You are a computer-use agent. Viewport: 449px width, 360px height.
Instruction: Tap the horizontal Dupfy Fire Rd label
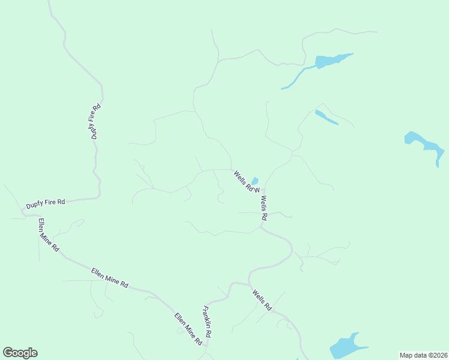point(46,203)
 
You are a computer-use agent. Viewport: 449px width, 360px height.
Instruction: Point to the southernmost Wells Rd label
point(262,300)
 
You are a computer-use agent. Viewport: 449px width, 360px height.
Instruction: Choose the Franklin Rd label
point(208,320)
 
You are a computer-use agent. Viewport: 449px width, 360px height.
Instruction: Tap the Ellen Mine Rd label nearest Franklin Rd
point(188,329)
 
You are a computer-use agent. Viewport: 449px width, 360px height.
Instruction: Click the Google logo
point(20,353)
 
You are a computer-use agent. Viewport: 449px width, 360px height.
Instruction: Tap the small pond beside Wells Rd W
point(255,181)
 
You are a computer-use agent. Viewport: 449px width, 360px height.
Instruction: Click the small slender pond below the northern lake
point(326,118)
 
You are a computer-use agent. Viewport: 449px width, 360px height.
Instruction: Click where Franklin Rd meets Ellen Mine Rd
point(206,345)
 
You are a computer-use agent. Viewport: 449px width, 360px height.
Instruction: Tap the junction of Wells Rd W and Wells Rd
point(262,191)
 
